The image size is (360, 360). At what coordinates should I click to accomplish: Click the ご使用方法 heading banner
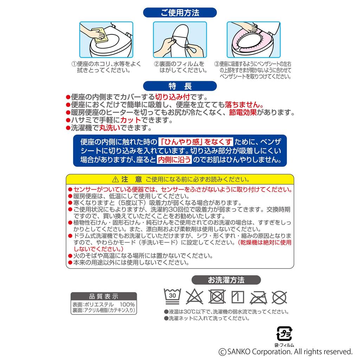[180, 13]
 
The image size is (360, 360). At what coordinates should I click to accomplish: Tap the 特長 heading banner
[180, 86]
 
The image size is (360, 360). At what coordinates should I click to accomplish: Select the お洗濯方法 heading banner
[226, 280]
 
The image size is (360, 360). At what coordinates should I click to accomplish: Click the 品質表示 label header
[103, 296]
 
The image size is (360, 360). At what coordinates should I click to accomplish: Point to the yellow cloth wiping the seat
[99, 34]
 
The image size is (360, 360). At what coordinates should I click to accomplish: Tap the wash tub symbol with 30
[172, 296]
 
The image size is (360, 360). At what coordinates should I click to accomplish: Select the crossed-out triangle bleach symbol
[194, 297]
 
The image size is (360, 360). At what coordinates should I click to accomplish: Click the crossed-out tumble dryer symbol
[217, 297]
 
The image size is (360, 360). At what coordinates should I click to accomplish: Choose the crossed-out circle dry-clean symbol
[280, 297]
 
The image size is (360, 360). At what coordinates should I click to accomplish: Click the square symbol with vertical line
[238, 297]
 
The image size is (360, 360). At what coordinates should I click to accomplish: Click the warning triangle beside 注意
[115, 180]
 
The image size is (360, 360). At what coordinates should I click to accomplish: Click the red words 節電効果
[243, 112]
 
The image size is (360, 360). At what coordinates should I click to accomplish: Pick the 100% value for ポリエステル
[127, 304]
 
